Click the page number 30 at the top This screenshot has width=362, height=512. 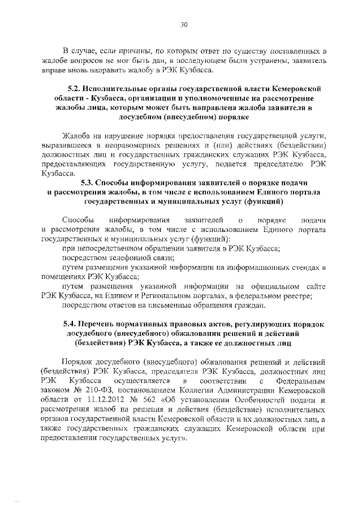183,24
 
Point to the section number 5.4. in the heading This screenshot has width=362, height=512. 70,324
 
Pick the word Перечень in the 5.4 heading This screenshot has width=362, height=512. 100,324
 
